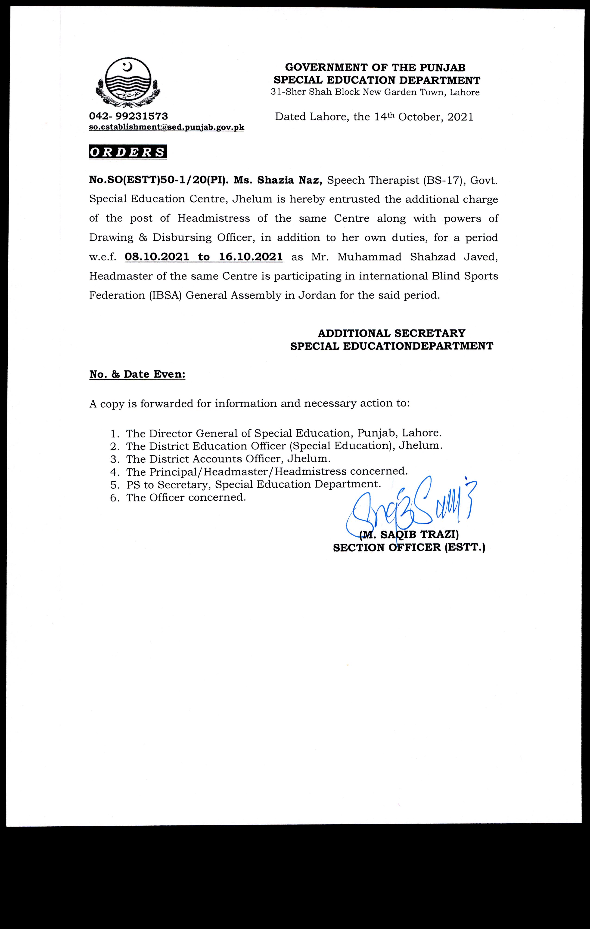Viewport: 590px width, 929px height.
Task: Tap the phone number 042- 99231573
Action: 129,116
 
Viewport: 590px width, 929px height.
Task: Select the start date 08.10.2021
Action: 157,257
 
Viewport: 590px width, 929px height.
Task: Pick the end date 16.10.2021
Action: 251,257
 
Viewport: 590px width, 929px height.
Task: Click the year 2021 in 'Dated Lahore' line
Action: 460,117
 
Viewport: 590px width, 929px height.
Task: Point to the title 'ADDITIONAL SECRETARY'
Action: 391,333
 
